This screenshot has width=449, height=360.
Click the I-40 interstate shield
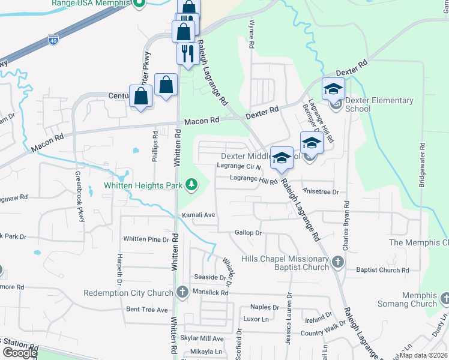point(53,41)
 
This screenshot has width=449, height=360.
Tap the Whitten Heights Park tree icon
point(191,184)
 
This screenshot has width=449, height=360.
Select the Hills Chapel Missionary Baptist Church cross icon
point(338,262)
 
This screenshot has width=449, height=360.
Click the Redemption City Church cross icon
point(182,292)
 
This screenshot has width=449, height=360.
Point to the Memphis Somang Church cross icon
point(445,298)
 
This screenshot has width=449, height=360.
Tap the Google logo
point(19,353)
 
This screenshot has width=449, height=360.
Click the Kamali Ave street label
point(198,214)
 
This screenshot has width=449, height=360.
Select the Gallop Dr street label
point(249,232)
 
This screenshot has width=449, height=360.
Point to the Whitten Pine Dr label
point(146,239)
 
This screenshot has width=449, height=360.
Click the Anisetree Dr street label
point(321,192)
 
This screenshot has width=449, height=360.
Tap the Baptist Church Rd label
point(382,270)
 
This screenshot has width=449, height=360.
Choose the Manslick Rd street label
point(211,292)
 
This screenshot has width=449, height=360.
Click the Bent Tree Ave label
point(147,310)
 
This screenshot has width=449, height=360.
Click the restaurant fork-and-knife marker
point(187,53)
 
